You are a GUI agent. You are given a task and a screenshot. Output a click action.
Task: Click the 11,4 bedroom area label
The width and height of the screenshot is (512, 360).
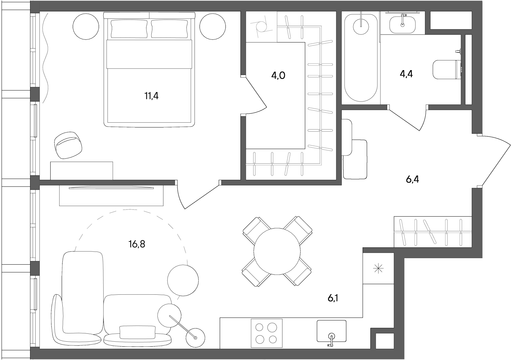(x=151, y=96)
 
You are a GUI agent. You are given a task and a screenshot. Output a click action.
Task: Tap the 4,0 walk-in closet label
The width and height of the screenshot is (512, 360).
(x=278, y=75)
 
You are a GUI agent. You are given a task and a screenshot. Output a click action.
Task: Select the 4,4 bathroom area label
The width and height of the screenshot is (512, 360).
(x=406, y=74)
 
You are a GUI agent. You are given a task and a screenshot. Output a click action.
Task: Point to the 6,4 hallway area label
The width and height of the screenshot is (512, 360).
(x=412, y=180)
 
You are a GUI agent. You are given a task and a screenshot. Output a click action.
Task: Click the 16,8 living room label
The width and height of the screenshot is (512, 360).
(x=137, y=244)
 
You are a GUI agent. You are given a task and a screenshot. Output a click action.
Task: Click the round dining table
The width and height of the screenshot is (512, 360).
(x=277, y=251)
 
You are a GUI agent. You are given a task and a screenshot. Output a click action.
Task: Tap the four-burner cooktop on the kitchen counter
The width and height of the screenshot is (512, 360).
(x=267, y=333)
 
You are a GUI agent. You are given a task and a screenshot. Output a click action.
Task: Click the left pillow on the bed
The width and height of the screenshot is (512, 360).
(x=129, y=28)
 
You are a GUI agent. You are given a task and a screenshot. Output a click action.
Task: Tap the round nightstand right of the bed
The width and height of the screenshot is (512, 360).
(x=212, y=27)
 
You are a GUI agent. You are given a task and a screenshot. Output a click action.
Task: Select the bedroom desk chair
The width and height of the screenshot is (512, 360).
(x=68, y=145)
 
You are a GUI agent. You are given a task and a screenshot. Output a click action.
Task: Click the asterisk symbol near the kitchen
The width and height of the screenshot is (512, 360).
(x=378, y=268)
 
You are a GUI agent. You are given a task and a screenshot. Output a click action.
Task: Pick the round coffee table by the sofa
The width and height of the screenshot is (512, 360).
(x=183, y=280)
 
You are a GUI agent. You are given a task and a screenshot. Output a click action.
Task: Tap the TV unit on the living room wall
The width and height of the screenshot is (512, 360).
(x=111, y=195)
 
